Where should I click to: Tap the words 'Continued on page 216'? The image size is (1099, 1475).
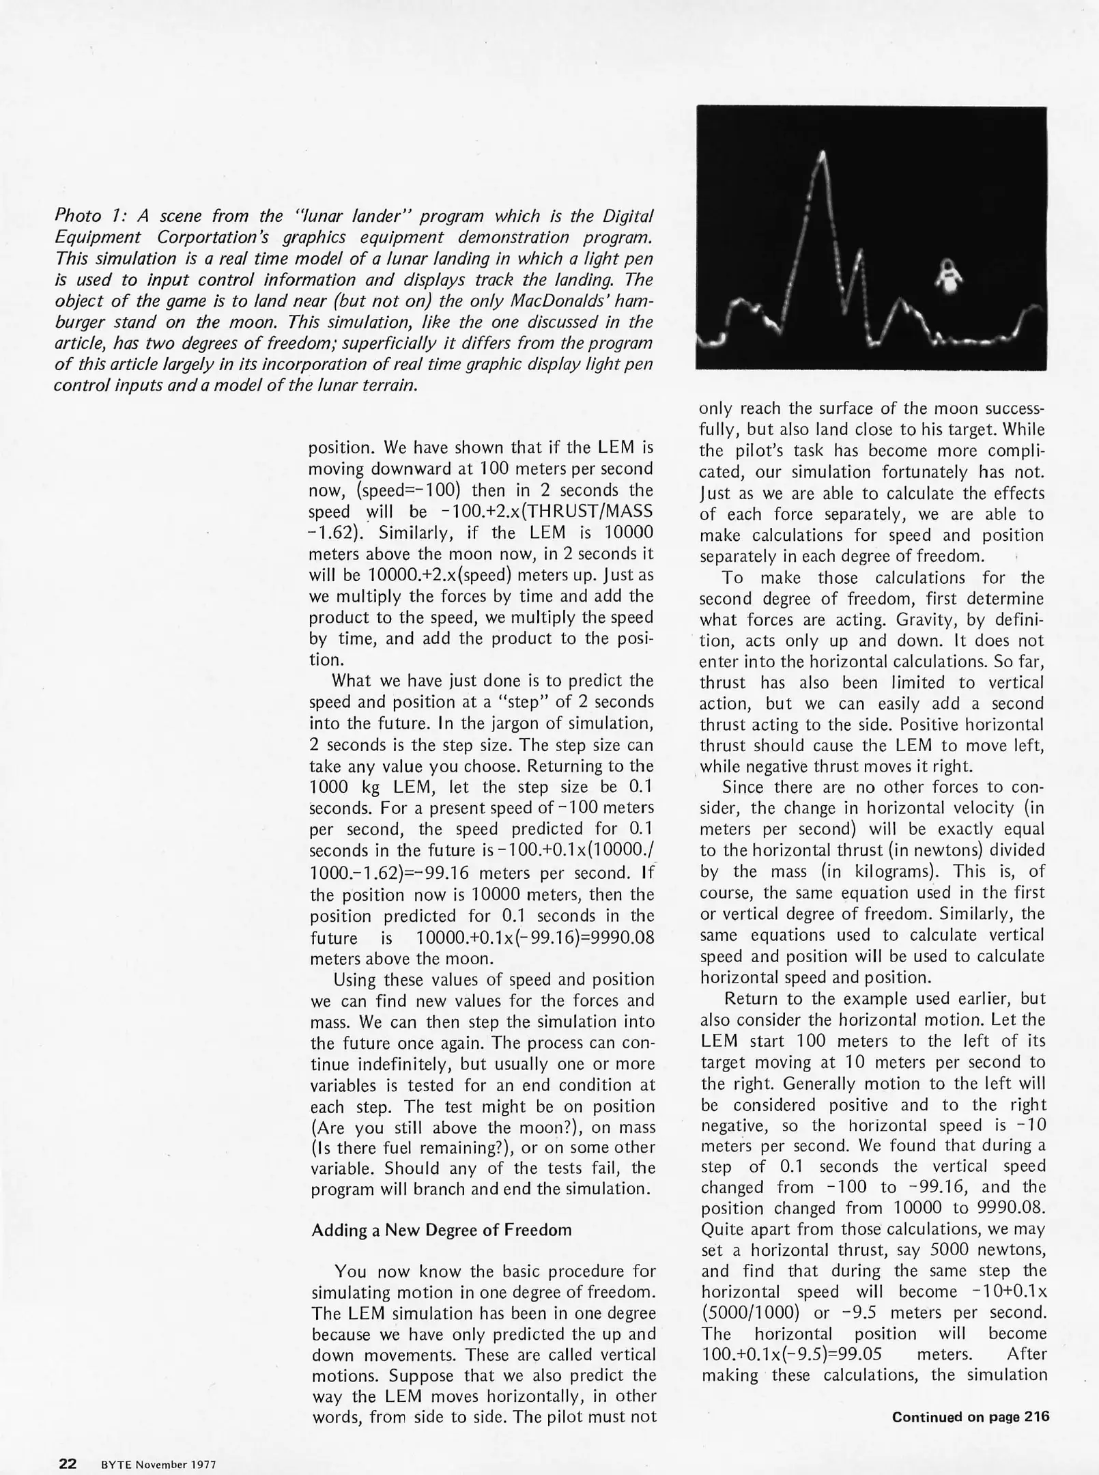[x=970, y=1417]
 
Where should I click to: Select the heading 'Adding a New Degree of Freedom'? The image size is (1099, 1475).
[x=441, y=1230]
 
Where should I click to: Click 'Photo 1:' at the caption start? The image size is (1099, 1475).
[x=87, y=216]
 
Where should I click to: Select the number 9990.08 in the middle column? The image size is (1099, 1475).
[x=620, y=938]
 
